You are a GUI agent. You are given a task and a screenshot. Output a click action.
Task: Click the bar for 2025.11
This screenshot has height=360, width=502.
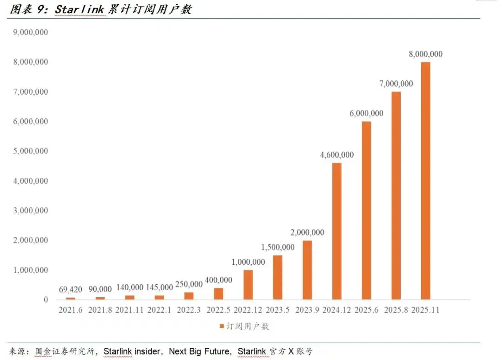(425, 181)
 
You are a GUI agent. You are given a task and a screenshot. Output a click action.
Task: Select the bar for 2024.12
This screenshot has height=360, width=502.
(337, 231)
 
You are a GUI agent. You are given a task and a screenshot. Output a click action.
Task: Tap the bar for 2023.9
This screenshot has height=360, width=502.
(307, 270)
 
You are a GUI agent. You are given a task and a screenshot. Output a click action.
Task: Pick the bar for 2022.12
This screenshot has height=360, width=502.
(248, 285)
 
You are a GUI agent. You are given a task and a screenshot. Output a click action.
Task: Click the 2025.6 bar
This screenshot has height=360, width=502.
(366, 210)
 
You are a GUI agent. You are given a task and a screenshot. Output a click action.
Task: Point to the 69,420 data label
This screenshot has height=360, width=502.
(71, 290)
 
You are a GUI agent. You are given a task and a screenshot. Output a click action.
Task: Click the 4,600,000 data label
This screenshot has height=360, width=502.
(337, 155)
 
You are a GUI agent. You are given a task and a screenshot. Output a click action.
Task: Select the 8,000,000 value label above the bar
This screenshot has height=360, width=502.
(425, 54)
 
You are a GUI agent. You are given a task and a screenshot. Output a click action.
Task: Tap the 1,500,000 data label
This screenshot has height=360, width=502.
(277, 247)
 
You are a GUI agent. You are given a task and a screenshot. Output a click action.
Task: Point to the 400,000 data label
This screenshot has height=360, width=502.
(218, 280)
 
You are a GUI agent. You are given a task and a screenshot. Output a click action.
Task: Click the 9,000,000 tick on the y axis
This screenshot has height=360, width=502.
(31, 33)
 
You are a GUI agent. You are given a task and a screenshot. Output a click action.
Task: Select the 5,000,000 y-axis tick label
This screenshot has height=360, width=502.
(31, 151)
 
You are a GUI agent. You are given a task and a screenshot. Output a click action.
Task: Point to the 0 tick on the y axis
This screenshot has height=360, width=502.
(46, 300)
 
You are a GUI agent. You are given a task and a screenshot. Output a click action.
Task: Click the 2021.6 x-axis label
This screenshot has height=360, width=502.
(71, 310)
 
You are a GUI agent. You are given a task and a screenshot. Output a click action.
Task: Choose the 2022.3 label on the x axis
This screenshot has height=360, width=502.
(189, 310)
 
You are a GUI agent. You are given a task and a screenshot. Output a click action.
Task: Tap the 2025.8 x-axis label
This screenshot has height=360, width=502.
(396, 310)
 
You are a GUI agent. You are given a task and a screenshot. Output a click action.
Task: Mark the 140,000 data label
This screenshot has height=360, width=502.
(130, 288)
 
